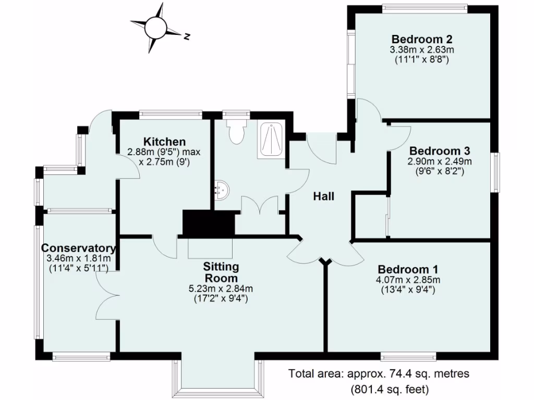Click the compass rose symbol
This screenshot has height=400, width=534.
coord(155,27)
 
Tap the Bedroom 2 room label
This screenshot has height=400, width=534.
coord(422,39)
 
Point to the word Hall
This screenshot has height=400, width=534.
coord(323,196)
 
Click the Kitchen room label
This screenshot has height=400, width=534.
coord(165,142)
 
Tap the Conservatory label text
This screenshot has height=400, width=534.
coord(78,247)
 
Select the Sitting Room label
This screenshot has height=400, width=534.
coord(221,272)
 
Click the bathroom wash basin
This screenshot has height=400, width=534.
coord(221,190)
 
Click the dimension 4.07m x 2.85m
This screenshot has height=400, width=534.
coord(408,280)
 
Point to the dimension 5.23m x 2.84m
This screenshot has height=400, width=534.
coord(221,289)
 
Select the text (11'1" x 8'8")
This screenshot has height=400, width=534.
coord(422,60)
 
